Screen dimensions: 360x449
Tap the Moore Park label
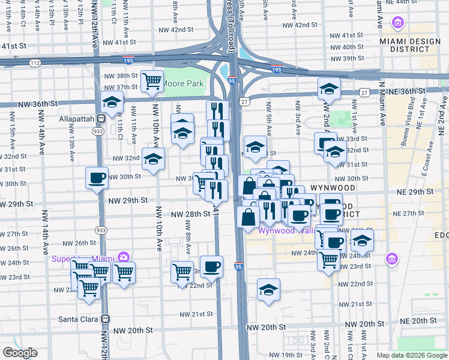click(x=183, y=83)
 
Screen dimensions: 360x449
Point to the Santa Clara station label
click(x=78, y=319)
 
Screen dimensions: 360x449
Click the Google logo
click(x=20, y=353)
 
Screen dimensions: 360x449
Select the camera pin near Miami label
click(x=124, y=258)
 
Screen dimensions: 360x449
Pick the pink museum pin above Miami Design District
click(x=397, y=23)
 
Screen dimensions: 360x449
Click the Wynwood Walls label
click(x=285, y=230)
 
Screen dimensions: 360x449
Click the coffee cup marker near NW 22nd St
click(x=211, y=266)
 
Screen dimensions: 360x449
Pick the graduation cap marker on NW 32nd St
click(x=153, y=159)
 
